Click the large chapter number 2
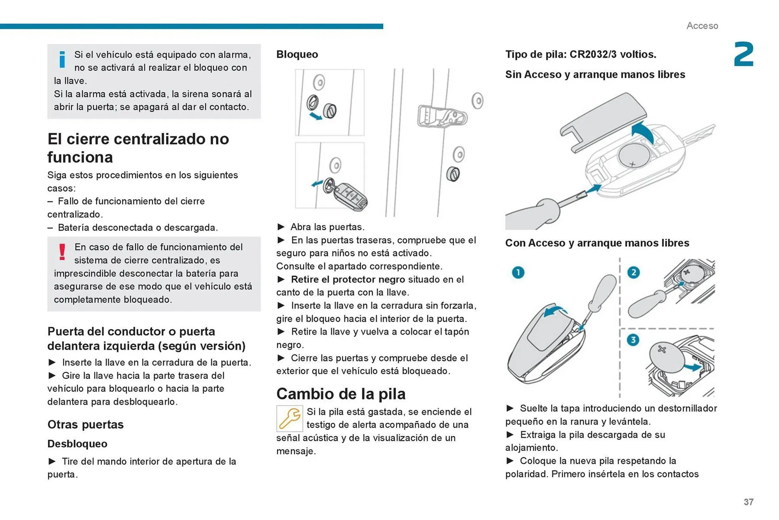pos(743,54)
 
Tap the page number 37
pos(748,502)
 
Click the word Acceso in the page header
pos(702,26)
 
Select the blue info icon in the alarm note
pos(62,59)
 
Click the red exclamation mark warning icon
pos(62,252)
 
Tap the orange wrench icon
pos(289,418)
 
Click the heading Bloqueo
pos(297,54)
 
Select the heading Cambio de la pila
pos(341,394)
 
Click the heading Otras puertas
pos(85,424)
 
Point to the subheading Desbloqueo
pos(77,444)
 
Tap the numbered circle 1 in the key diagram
pos(518,272)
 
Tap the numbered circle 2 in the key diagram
pos(633,272)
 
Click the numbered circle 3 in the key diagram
pos(633,340)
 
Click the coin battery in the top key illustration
pos(634,155)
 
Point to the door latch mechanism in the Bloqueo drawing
pos(442,117)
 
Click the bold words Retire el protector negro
pos(348,279)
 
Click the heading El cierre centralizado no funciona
pos(138,148)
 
